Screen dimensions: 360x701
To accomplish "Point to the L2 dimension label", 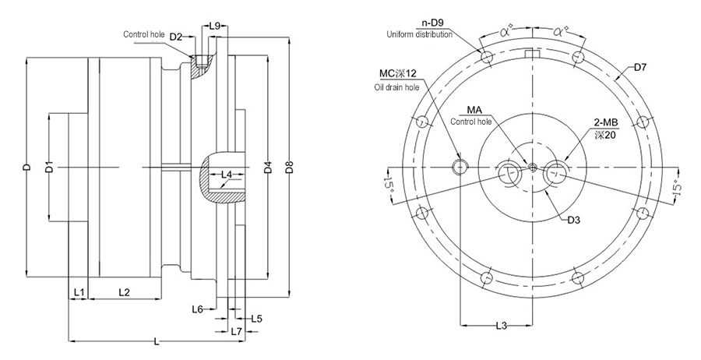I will (124, 291).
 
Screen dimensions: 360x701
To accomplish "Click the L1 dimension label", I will (79, 291).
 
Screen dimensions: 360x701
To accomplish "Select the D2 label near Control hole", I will (176, 37).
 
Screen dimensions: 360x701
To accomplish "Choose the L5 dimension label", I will (257, 318).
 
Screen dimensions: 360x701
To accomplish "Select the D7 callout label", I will (640, 68).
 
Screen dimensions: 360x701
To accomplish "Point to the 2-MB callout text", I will (605, 122).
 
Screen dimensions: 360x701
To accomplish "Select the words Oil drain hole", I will (397, 86).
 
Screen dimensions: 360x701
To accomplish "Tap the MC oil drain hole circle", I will (461, 166).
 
